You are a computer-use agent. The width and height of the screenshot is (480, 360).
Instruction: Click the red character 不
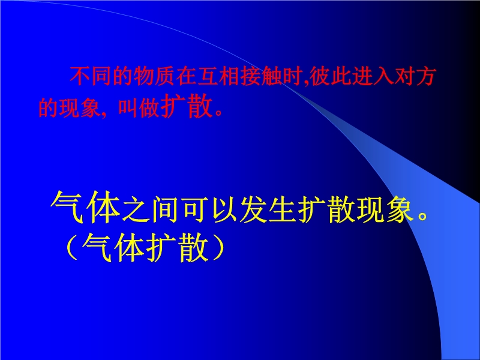pos(80,76)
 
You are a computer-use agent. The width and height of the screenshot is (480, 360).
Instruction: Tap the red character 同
pos(101,76)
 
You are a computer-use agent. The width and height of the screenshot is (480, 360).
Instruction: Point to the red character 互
pos(207,76)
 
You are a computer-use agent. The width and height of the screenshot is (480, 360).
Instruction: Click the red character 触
pos(271,76)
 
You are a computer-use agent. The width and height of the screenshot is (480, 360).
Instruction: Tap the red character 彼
pos(320,76)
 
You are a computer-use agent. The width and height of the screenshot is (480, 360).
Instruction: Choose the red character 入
pos(383,76)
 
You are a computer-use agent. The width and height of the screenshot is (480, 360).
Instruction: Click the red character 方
pos(425,76)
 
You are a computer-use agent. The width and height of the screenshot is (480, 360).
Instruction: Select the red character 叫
pos(128,107)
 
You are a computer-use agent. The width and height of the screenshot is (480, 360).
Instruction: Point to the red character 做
pos(149,107)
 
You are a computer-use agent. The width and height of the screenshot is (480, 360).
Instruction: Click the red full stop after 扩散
pos(219,112)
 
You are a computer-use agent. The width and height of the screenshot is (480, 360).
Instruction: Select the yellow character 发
pos(253,209)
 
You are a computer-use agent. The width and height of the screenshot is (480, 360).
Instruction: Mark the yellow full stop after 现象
pos(423,215)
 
